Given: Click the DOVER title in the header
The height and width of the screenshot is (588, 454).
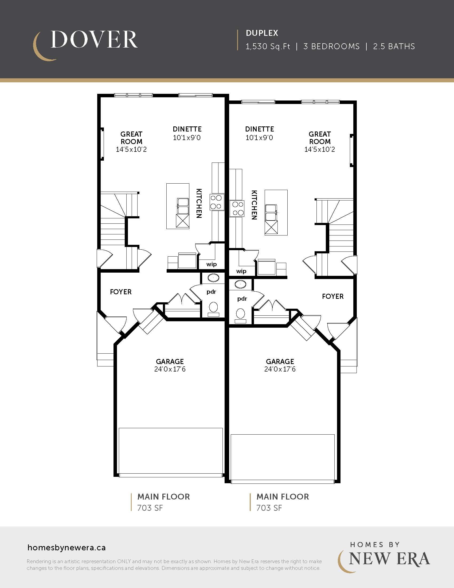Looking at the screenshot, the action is click(94, 40).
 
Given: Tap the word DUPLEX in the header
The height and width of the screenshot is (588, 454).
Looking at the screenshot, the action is click(262, 33).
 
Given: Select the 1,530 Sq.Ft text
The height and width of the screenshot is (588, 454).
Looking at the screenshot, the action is click(268, 47).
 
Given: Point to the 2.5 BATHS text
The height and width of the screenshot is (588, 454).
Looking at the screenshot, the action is click(394, 47).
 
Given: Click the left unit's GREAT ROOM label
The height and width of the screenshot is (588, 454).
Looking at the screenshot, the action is click(131, 138).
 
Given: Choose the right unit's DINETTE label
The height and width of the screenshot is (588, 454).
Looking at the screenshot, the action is click(260, 129).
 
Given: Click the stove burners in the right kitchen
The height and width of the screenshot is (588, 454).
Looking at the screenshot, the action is click(237, 209).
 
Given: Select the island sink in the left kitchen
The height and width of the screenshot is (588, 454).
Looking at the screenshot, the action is click(183, 206).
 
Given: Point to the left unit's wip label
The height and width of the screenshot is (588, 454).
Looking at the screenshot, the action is click(212, 264).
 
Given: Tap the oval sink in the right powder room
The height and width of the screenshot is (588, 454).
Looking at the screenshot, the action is click(240, 284).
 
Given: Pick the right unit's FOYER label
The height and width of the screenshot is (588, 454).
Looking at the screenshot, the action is click(333, 296).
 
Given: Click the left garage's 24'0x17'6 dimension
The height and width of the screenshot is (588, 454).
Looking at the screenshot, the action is click(170, 369).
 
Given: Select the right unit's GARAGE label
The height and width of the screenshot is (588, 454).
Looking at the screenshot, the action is click(280, 361).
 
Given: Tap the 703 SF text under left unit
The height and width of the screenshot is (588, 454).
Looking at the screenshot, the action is click(150, 508).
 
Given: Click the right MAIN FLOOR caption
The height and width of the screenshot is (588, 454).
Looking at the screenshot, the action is click(283, 497).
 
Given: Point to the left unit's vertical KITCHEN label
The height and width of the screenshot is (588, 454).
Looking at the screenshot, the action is click(199, 203).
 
